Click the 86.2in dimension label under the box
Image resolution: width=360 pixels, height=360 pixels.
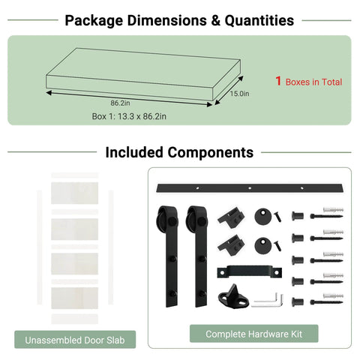(120, 103)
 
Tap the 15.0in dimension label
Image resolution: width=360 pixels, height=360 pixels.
(239, 94)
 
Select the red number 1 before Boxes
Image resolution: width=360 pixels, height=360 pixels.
(278, 81)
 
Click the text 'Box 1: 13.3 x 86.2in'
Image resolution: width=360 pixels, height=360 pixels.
(129, 116)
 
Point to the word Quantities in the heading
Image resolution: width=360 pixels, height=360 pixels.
(259, 20)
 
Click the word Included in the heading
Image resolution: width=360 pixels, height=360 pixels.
(134, 152)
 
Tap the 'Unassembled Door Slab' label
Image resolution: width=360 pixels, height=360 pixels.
(75, 340)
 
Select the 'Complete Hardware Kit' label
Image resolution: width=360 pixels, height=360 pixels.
(254, 334)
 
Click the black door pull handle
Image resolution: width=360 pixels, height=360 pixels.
(250, 271)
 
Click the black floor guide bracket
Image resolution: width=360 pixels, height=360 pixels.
(233, 297)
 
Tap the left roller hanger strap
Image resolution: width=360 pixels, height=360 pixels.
(172, 257)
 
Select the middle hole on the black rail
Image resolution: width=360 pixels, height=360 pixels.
(250, 188)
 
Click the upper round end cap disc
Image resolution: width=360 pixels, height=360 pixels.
(263, 216)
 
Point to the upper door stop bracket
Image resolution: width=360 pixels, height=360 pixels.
(231, 217)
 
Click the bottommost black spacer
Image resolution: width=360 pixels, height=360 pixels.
(298, 301)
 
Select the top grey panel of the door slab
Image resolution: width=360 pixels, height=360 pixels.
(75, 193)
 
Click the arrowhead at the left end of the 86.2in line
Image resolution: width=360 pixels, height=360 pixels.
(49, 93)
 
